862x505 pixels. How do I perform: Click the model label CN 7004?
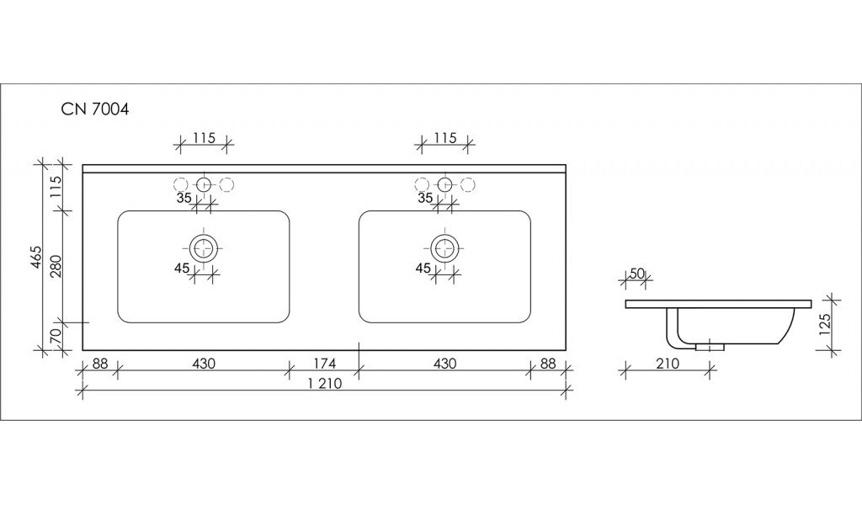[x=95, y=109]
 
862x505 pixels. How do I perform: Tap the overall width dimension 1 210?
[x=324, y=383]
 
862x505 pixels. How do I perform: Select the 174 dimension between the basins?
[x=324, y=364]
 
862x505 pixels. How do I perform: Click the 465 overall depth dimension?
[x=35, y=258]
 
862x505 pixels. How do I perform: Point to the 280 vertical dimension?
[x=56, y=266]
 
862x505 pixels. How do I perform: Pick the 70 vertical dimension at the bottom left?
[x=56, y=336]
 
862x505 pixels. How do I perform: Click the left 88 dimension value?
[x=99, y=364]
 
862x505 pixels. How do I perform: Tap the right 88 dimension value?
[x=548, y=364]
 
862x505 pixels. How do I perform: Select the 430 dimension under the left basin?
[x=204, y=364]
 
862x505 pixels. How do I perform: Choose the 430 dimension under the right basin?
[x=444, y=364]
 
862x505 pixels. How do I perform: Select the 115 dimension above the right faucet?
[x=444, y=137]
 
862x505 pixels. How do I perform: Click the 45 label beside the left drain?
[x=182, y=268]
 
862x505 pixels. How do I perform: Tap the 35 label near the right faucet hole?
[x=425, y=198]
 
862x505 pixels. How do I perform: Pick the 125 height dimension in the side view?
[x=825, y=324]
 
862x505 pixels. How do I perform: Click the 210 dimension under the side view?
[x=668, y=364]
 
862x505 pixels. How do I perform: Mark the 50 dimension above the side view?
[x=636, y=273]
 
